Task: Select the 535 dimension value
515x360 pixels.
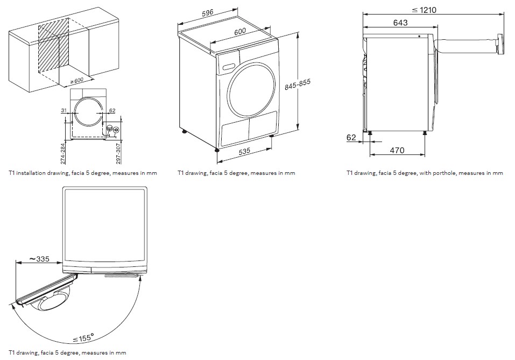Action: coord(245,151)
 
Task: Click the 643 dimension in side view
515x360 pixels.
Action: coord(400,23)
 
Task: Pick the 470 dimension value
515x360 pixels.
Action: coord(397,151)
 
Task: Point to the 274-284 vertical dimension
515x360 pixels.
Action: coord(63,153)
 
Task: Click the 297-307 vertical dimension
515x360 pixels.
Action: coord(118,153)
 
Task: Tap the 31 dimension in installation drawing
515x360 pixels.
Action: coord(64,111)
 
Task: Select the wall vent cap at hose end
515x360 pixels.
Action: coord(500,44)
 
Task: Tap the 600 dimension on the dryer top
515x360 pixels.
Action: coord(239,31)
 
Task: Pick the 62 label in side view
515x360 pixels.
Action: coord(351,138)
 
